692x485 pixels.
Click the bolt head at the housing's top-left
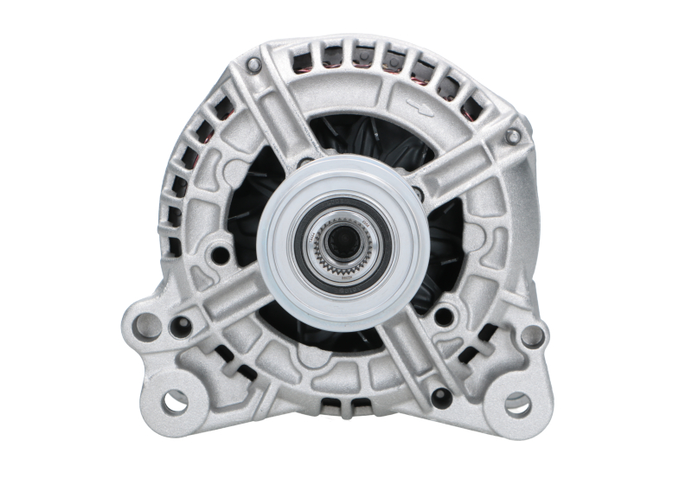(x=252, y=64)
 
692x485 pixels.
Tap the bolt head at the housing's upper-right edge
(x=513, y=136)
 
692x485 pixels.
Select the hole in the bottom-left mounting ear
(x=175, y=400)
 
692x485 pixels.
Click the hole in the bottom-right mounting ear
(x=516, y=402)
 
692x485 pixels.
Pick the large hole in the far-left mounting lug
(x=148, y=326)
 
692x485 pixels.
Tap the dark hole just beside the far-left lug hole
(x=181, y=327)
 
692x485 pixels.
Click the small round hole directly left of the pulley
(x=221, y=254)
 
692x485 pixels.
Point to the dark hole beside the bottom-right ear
(x=440, y=397)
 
